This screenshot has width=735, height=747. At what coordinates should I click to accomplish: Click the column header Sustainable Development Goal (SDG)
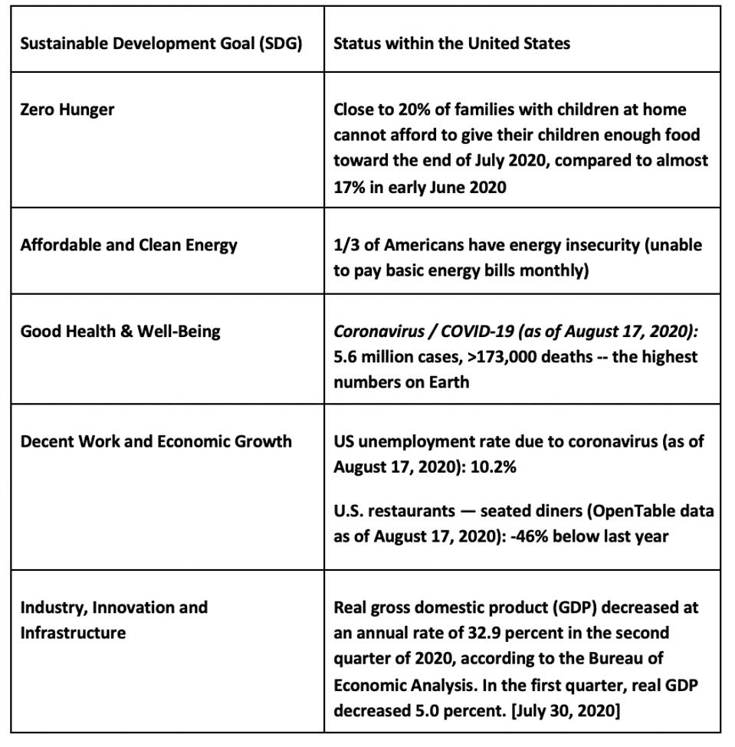(x=161, y=43)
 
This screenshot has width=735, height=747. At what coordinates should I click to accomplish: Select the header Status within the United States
(x=451, y=43)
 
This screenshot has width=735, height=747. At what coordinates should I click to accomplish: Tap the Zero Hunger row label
(x=67, y=110)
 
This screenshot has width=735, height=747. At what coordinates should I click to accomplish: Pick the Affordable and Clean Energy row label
(x=129, y=245)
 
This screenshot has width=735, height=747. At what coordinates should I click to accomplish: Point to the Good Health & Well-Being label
(x=120, y=332)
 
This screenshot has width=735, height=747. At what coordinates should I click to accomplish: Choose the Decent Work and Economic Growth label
(x=156, y=441)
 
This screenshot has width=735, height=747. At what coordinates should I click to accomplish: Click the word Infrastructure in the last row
(x=73, y=633)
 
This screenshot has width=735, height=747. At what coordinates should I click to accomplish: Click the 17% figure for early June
(x=349, y=187)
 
